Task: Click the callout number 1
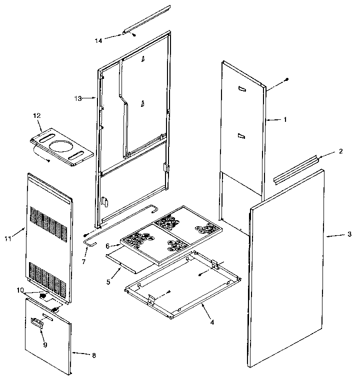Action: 285,119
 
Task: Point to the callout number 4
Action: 212,322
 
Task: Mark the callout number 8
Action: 93,355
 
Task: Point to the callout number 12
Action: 36,115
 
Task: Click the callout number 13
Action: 77,98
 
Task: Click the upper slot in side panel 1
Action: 242,89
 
